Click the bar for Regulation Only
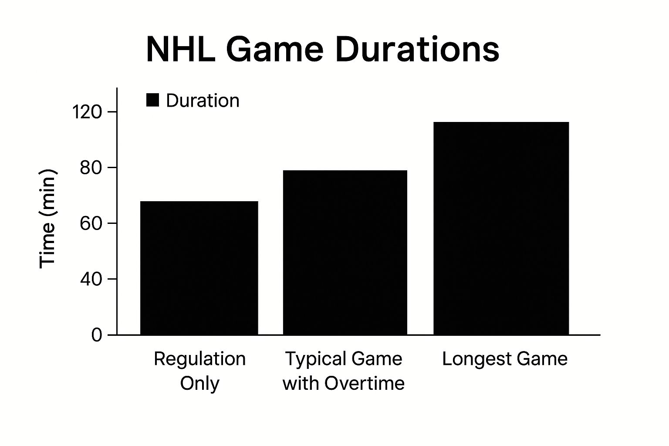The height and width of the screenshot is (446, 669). [x=199, y=268]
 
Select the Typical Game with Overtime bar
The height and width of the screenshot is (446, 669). [x=345, y=253]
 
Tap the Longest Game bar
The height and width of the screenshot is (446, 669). [x=501, y=228]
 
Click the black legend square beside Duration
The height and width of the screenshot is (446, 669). [x=152, y=100]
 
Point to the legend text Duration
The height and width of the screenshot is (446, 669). [x=203, y=100]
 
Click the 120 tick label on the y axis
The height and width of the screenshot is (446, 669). [x=87, y=112]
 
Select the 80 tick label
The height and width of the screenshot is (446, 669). [x=91, y=168]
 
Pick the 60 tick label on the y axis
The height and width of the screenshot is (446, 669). [x=91, y=223]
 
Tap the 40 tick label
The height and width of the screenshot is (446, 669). [x=91, y=279]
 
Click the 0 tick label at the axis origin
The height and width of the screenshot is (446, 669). [x=96, y=335]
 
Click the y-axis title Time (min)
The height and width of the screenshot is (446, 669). [x=47, y=219]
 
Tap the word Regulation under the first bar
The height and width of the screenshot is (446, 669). [x=200, y=359]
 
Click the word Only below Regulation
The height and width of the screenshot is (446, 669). [x=200, y=383]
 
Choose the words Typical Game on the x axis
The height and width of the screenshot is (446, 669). [x=344, y=359]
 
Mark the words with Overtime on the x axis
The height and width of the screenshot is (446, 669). [x=344, y=383]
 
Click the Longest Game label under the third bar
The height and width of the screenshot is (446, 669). [x=505, y=359]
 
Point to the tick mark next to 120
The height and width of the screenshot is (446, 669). [x=112, y=112]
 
